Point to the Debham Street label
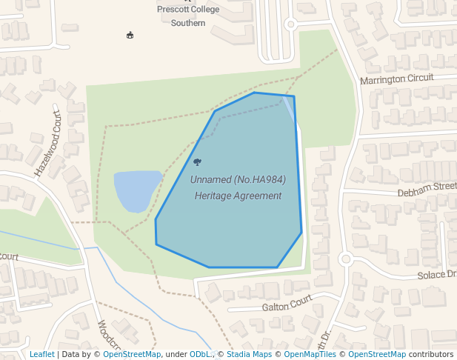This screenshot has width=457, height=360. tap(427, 189)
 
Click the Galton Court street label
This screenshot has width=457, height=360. tap(287, 304)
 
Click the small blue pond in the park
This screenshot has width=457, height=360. tap(136, 190)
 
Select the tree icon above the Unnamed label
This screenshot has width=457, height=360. tap(197, 161)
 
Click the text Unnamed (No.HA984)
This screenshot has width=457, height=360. tap(238, 180)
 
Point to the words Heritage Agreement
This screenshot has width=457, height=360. tap(238, 196)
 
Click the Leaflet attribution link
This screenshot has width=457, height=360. tap(41, 354)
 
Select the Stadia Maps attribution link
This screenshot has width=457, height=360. tap(249, 354)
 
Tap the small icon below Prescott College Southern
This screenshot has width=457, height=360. tap(130, 35)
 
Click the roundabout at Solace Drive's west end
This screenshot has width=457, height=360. tap(344, 259)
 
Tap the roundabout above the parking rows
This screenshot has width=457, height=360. tap(290, 24)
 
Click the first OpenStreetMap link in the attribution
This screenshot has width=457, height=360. tap(132, 354)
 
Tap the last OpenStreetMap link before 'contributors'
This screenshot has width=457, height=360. tap(377, 354)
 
